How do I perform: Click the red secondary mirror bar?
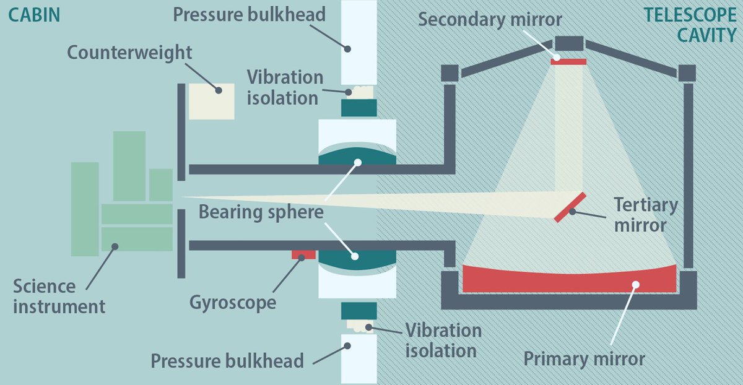coord(568,61)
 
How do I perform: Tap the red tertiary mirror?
coord(571,207)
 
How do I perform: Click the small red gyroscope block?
coord(304,254)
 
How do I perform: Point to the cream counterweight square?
coord(211,101)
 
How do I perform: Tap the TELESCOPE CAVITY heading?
coord(689,25)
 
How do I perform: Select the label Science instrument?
coord(59,296)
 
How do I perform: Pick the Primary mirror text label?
coord(584,358)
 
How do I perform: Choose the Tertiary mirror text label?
coord(646,214)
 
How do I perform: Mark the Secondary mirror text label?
coord(490,19)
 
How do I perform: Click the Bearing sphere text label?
coord(261,212)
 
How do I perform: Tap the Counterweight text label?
coord(129,52)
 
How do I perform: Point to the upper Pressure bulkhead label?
coord(249,15)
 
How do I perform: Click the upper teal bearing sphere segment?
coord(357,156)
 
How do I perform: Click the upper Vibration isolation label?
coord(285,87)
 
